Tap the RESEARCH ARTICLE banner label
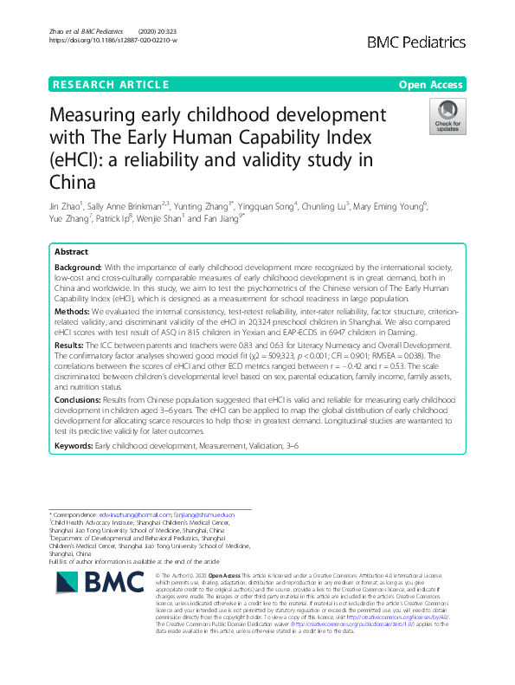coord(110,84)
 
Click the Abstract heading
coord(72,251)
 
